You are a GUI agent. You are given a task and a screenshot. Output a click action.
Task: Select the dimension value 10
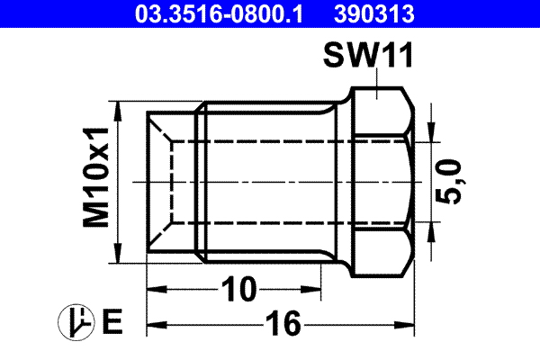pos(238,289)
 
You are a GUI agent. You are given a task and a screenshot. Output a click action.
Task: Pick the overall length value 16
pos(283,323)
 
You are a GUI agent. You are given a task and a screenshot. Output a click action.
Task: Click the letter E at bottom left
pos(112,321)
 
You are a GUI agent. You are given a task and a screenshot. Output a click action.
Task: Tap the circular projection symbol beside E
pos(76,321)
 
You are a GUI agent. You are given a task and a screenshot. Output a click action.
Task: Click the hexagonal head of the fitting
pos(382,180)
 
